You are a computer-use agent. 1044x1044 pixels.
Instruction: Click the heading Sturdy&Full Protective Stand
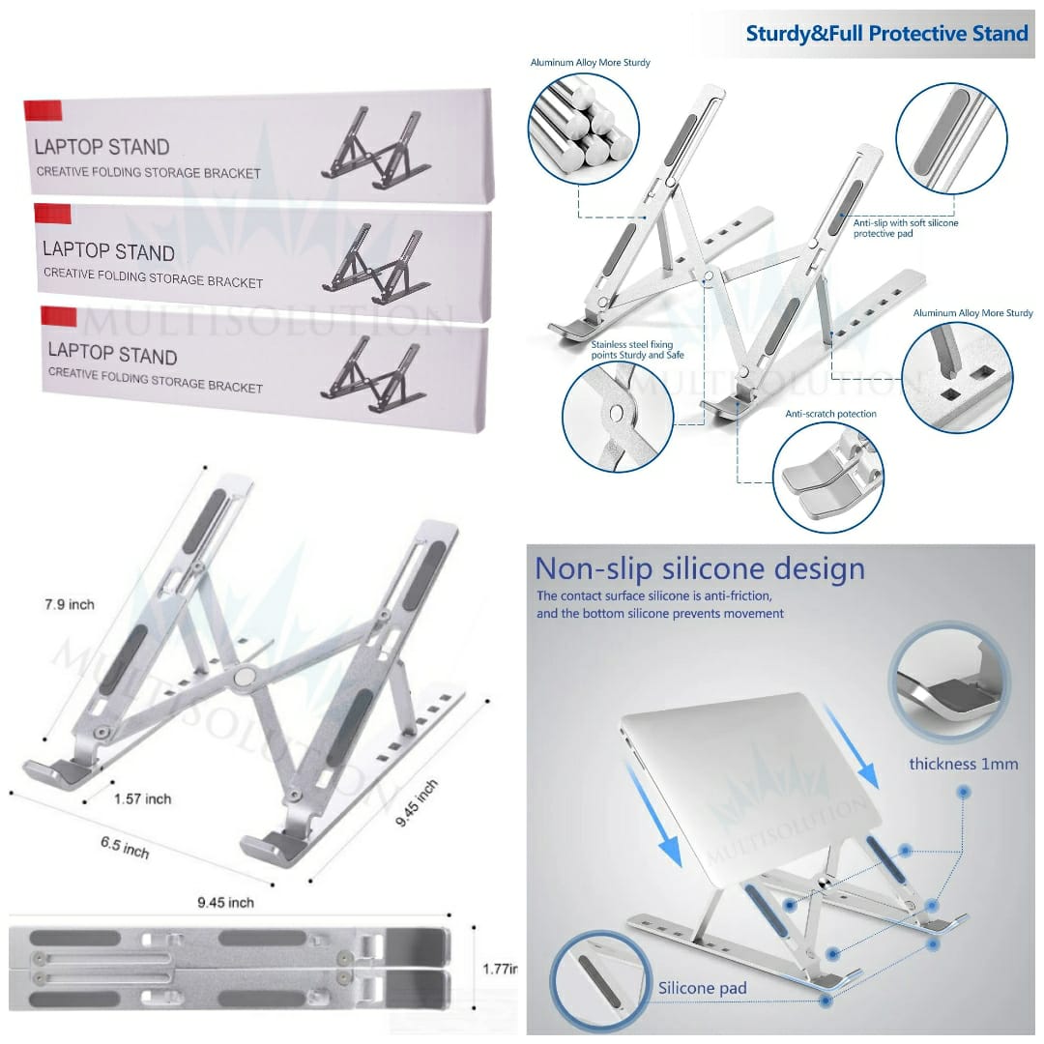(x=885, y=34)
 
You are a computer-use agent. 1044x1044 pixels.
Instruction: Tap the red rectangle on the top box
(x=43, y=109)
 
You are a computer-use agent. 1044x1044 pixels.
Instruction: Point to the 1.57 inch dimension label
(x=142, y=798)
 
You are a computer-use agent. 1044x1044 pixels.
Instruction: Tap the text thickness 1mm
(x=963, y=764)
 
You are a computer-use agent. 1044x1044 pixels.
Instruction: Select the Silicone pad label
(x=703, y=988)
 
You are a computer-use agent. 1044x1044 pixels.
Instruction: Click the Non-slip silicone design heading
(x=700, y=568)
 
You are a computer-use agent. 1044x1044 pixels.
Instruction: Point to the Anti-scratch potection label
(x=830, y=414)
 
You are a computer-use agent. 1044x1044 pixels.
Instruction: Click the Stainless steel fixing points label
(x=638, y=349)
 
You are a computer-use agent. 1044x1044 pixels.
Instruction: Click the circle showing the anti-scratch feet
(x=828, y=477)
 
